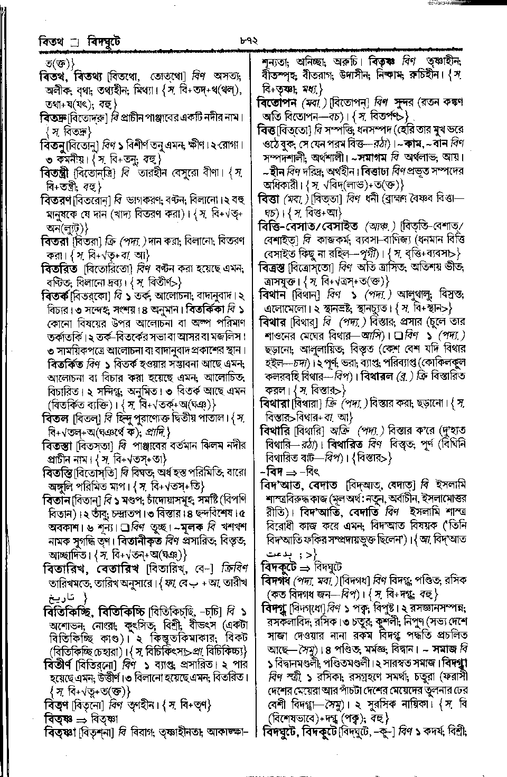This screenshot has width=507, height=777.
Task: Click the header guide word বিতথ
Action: (x=51, y=41)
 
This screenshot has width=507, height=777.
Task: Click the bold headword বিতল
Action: (x=54, y=419)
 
